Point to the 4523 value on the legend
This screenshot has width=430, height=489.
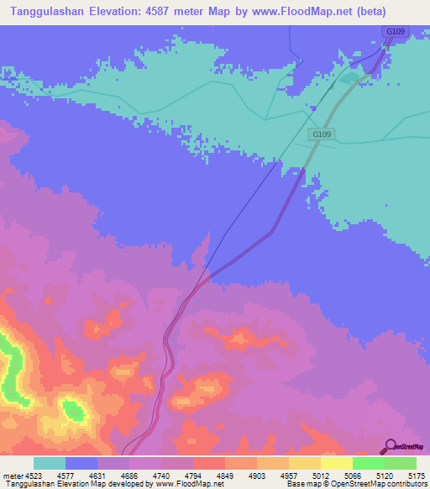pyautogui.click(x=34, y=475)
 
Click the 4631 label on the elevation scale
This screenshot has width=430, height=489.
pyautogui.click(x=97, y=475)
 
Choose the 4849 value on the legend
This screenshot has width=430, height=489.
pyautogui.click(x=226, y=475)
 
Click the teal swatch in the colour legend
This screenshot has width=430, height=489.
pyautogui.click(x=50, y=463)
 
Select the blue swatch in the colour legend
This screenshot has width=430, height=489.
pyautogui.click(x=81, y=463)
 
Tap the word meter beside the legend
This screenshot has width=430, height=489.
pyautogui.click(x=12, y=475)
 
